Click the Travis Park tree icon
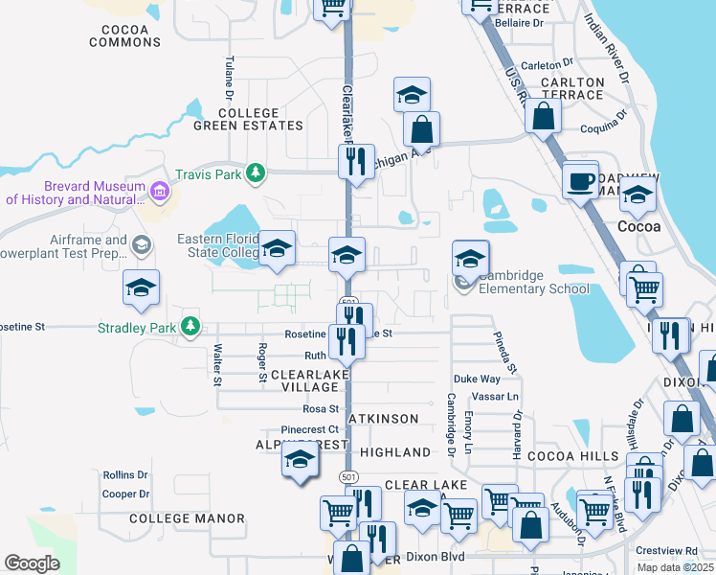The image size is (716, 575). coord(255,173)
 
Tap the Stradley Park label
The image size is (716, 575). coord(138,328)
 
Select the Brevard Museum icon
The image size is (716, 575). coord(160,194)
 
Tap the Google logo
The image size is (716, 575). coord(32,563)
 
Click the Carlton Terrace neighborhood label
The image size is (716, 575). coord(572,89)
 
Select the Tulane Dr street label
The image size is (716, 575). coord(229,78)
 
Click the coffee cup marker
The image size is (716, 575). coord(580,180)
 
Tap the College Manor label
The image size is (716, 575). coord(187,518)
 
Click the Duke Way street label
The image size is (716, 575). coord(477,379)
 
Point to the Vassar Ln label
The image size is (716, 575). coord(499,397)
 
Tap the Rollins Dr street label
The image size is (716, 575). coord(125,474)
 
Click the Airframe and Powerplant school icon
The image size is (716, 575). coord(142,245)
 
